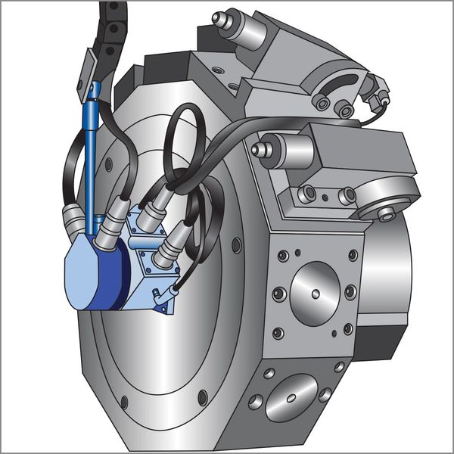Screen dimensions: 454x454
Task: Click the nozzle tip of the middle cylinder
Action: [x=258, y=150]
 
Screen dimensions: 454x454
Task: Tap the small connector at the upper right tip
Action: [x=382, y=97]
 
